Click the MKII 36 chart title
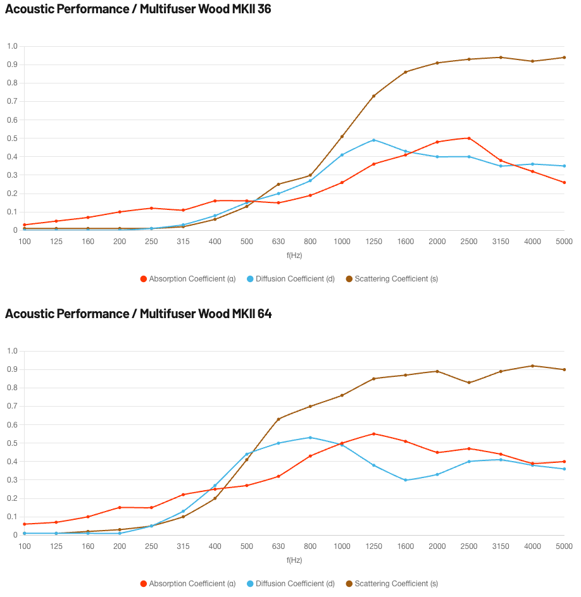tap(138, 9)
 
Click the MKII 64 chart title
tap(139, 314)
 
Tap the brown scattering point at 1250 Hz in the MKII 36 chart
tap(374, 96)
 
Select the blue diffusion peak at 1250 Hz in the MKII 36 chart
tap(374, 140)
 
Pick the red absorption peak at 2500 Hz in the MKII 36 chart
tap(469, 138)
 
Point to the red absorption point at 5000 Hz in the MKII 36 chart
tap(565, 182)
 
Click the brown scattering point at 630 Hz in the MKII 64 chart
tap(278, 419)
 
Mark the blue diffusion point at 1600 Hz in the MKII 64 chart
tap(405, 480)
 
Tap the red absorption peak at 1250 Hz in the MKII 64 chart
tap(374, 434)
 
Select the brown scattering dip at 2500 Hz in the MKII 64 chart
tap(469, 383)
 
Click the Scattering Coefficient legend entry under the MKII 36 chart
tap(392, 279)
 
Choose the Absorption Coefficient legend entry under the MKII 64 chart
tap(188, 584)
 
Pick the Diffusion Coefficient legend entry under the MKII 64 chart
tap(290, 584)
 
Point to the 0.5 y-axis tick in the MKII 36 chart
tap(12, 138)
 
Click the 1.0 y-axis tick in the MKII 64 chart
tap(12, 350)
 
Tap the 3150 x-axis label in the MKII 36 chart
tap(501, 242)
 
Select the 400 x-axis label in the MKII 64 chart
tap(215, 546)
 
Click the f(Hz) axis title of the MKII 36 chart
tap(294, 255)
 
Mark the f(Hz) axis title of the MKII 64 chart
tap(294, 560)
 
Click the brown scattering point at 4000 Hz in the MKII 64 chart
tap(533, 366)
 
